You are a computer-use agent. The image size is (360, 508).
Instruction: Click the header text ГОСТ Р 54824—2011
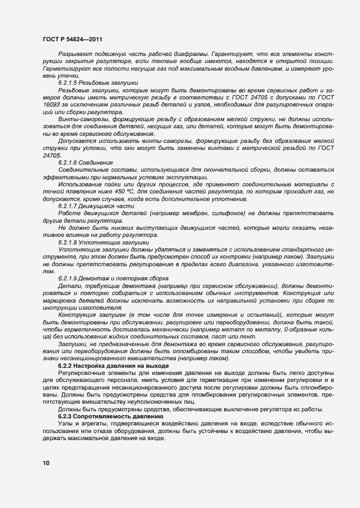pyautogui.click(x=71, y=40)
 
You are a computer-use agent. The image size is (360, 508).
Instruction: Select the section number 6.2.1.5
pyautogui.click(x=69, y=82)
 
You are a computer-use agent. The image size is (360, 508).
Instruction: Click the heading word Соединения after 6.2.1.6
pyautogui.click(x=97, y=162)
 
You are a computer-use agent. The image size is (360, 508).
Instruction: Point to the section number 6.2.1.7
pyautogui.click(x=69, y=206)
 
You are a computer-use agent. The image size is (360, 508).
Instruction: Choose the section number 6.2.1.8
pyautogui.click(x=69, y=242)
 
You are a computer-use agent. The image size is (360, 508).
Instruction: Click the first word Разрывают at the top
pyautogui.click(x=75, y=56)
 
